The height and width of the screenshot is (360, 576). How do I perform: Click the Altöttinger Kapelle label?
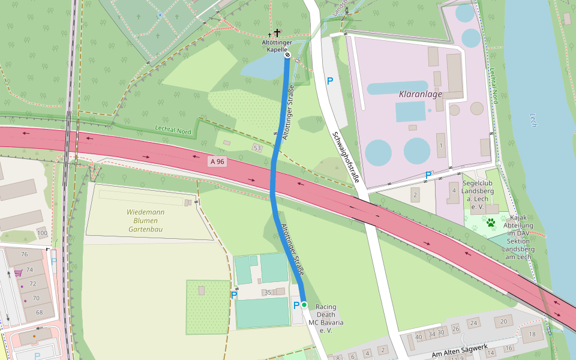point(277,46)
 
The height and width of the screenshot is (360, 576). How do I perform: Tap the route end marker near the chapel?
point(287,55)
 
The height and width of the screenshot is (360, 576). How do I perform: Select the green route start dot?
point(304,305)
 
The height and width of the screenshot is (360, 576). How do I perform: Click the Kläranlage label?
point(420,94)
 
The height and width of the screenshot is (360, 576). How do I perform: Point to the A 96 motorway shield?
point(217,161)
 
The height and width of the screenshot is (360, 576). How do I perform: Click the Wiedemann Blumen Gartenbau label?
point(145,221)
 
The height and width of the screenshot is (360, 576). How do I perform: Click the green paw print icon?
point(491,223)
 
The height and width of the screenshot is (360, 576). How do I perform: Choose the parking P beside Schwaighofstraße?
point(329,80)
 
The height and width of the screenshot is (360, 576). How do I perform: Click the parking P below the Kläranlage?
point(428,175)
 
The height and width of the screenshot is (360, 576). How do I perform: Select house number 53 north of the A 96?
point(257,148)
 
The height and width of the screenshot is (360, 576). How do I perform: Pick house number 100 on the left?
point(41,233)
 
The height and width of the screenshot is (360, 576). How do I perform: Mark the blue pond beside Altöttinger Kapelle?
point(262,68)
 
